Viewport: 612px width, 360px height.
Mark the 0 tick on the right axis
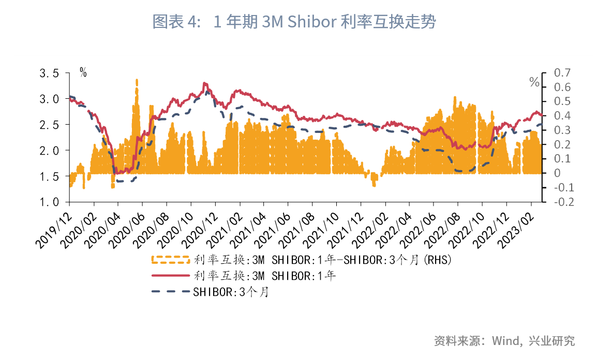point(557,173)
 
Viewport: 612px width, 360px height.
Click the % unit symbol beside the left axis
point(83,73)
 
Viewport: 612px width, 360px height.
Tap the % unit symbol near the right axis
point(534,82)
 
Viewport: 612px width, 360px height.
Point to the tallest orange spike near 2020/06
point(137,83)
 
